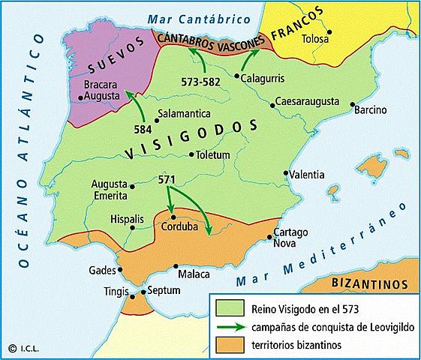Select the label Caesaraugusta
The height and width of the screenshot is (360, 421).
[x=305, y=100]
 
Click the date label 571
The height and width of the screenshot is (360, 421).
[x=168, y=181]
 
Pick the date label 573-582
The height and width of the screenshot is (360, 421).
[x=201, y=80]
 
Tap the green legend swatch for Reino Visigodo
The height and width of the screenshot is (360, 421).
[x=224, y=306]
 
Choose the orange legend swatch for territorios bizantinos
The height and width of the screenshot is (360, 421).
[x=224, y=344]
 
